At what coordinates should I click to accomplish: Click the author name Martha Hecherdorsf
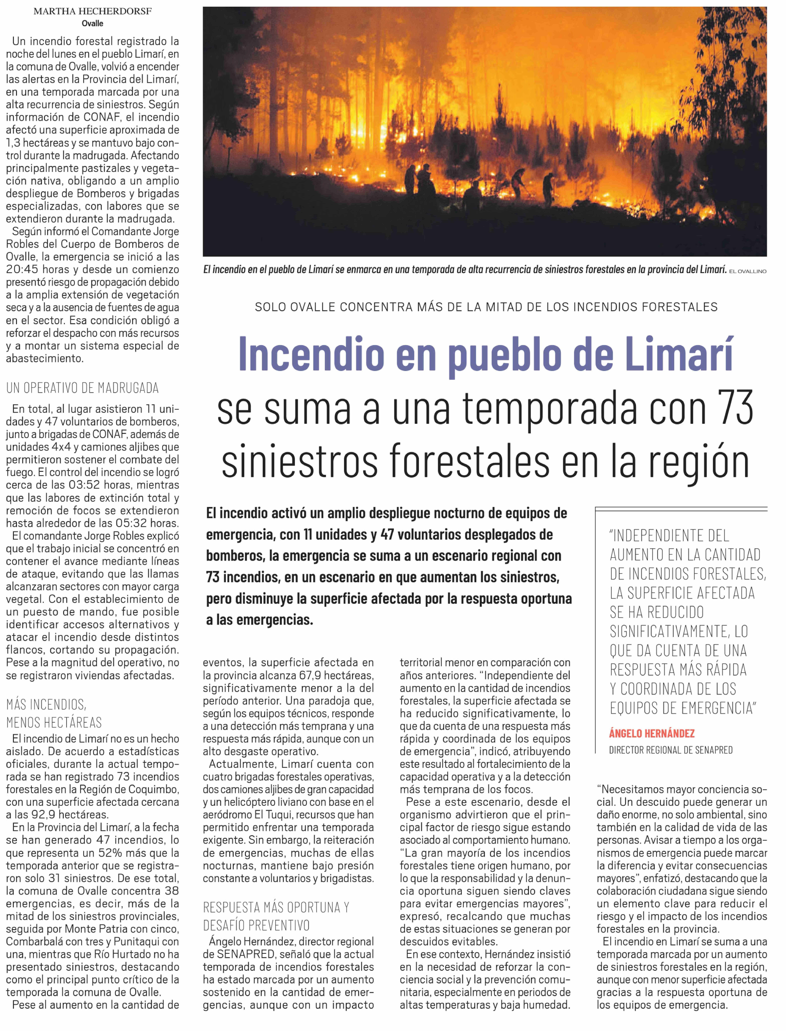[x=93, y=11]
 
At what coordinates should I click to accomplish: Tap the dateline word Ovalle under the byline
[x=92, y=23]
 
